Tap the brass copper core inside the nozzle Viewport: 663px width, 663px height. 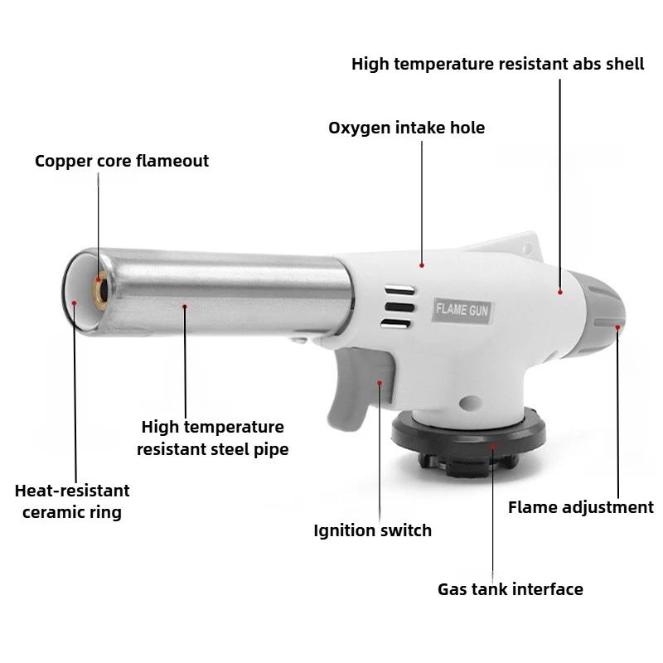tap(99, 291)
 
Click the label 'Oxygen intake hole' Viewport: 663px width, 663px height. tap(406, 128)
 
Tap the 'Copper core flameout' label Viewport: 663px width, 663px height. tap(122, 161)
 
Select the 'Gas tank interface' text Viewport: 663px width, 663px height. tap(511, 589)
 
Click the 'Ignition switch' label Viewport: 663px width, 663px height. tap(372, 530)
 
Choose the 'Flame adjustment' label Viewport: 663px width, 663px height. tap(580, 507)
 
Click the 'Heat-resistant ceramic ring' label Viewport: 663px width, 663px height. tap(72, 501)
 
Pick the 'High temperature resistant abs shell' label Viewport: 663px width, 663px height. tap(497, 64)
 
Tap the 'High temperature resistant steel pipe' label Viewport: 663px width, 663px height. tap(212, 438)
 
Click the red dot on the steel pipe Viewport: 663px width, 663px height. tap(185, 307)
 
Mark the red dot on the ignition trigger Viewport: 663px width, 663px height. tap(380, 382)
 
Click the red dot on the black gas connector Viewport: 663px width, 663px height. tap(492, 447)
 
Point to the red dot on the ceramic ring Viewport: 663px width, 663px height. tap(74, 303)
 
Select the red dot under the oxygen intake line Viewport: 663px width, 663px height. tap(422, 265)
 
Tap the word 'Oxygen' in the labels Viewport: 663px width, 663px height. tap(358, 128)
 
